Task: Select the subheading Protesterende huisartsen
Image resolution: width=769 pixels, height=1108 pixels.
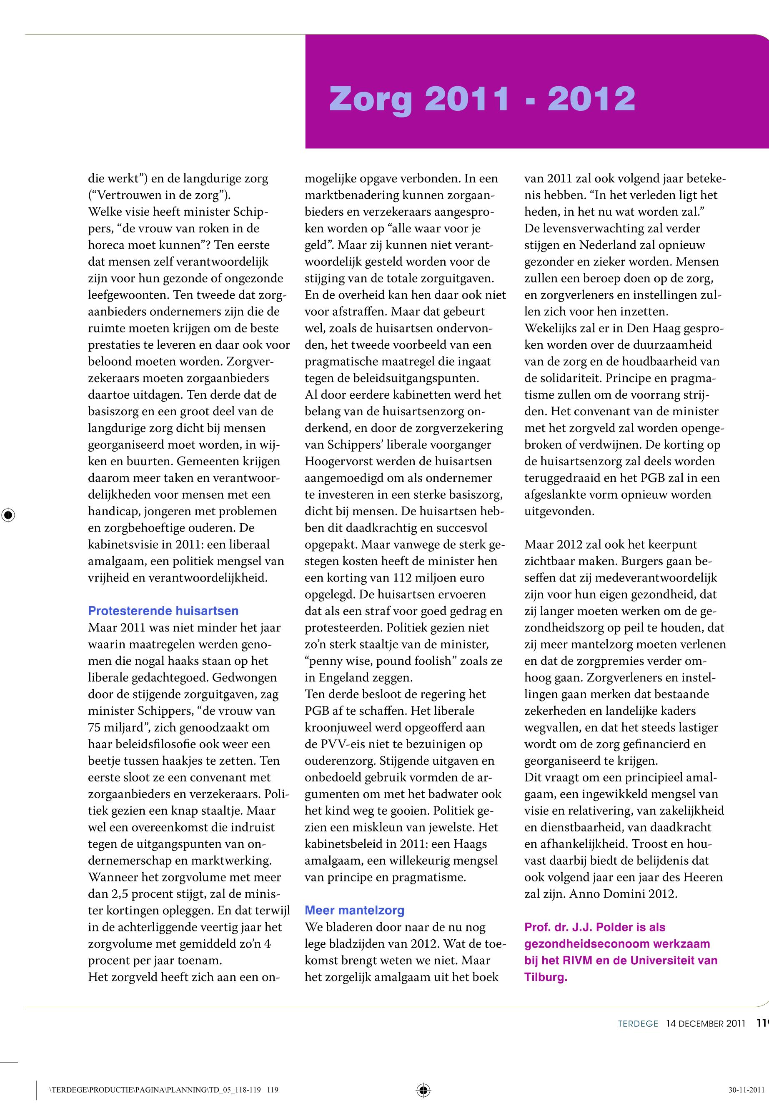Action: click(163, 611)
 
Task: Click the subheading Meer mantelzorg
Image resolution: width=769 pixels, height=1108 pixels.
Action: click(354, 911)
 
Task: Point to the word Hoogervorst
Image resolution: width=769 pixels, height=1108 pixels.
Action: click(337, 461)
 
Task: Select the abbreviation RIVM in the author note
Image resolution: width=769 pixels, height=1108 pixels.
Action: click(577, 960)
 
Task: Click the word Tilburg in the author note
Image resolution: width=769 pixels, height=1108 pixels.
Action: click(544, 977)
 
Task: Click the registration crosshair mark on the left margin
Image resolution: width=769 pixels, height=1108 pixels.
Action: click(8, 515)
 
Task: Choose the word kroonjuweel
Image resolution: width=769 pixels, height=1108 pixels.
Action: click(343, 728)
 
